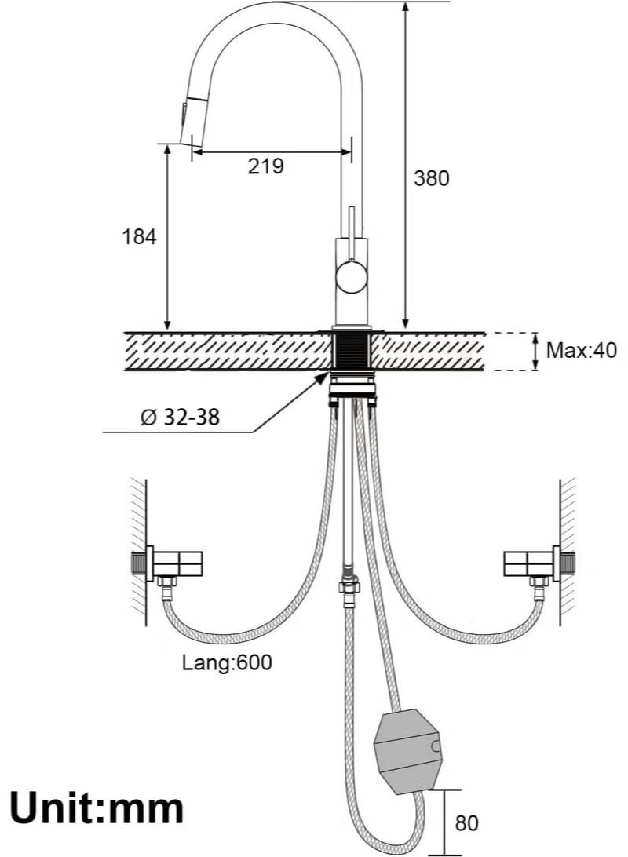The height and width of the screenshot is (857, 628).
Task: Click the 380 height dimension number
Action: [431, 178]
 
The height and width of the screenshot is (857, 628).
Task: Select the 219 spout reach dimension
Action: [265, 166]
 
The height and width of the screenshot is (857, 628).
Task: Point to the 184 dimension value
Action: [139, 237]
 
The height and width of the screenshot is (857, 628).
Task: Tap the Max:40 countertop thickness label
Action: [581, 350]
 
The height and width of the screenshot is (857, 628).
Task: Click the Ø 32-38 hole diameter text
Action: [180, 418]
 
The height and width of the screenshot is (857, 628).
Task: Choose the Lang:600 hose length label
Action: [227, 662]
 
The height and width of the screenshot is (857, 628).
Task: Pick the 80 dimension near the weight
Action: [466, 823]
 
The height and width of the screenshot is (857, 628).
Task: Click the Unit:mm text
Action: [97, 809]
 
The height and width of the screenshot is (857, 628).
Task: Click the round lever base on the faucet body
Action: [352, 276]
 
